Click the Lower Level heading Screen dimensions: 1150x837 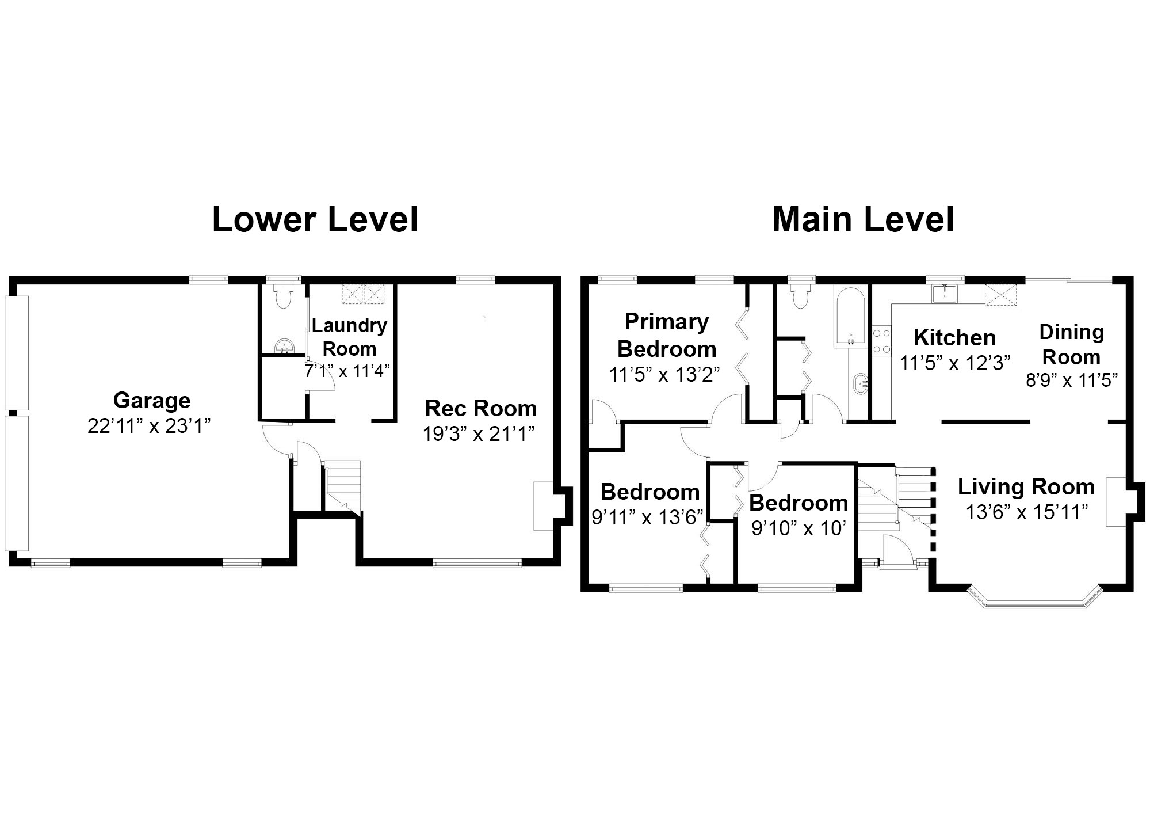315,219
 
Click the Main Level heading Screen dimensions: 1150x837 863,219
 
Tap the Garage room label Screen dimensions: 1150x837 152,400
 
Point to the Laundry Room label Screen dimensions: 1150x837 350,337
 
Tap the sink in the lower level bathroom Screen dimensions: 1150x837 284,346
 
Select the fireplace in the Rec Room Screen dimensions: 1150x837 544,506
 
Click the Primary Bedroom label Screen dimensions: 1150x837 667,335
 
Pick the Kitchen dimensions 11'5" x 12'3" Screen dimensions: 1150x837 955,363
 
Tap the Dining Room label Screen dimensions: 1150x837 1071,344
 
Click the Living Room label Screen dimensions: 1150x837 1026,487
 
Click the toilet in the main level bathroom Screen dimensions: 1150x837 800,294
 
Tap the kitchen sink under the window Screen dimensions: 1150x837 945,293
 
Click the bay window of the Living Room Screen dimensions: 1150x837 1034,597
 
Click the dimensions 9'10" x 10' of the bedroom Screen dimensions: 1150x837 798,528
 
